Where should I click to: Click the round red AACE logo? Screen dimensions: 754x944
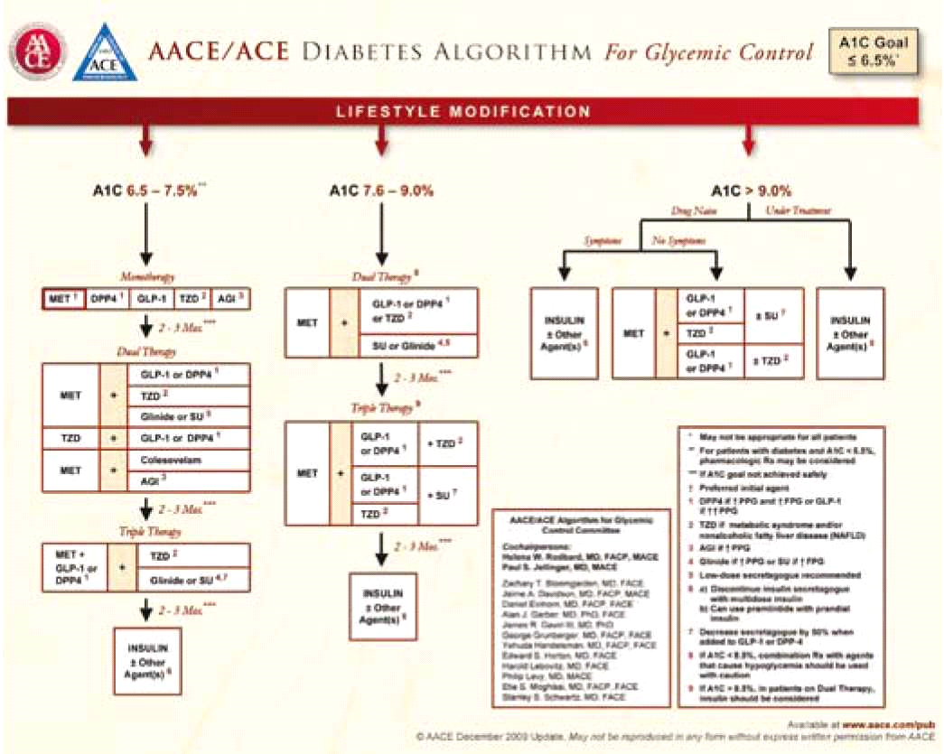[x=37, y=51]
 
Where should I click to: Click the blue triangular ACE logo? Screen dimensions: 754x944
[x=107, y=51]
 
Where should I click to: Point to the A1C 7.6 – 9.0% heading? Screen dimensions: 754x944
[x=381, y=191]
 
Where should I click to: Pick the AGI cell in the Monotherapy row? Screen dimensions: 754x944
[x=229, y=299]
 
